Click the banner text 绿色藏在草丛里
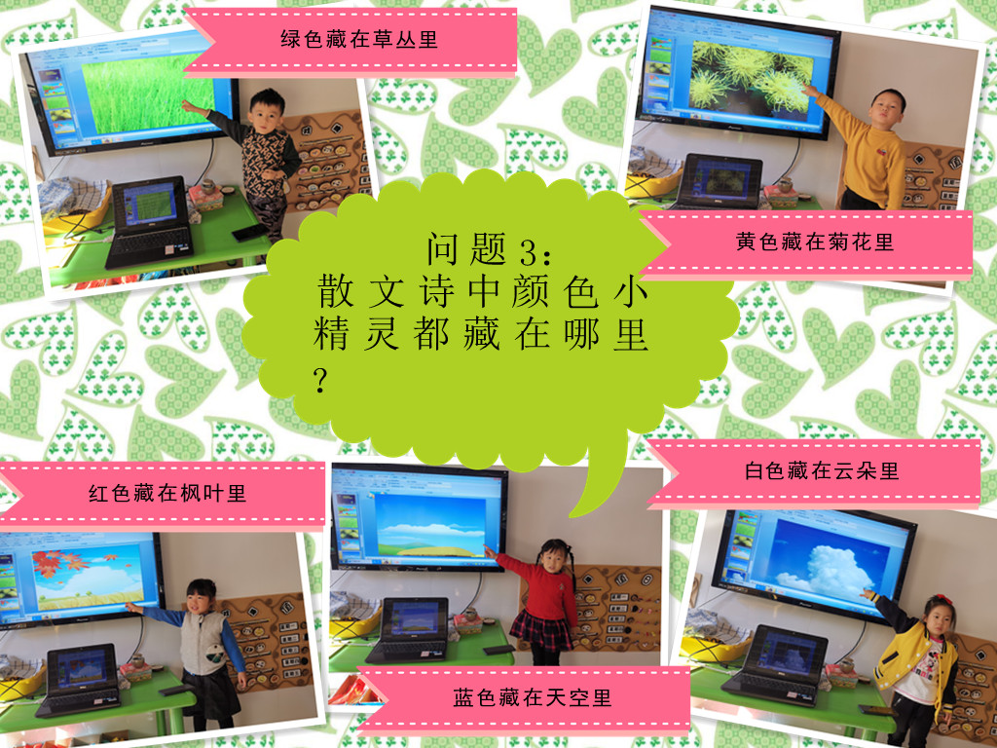tap(359, 39)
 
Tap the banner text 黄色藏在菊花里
tap(815, 242)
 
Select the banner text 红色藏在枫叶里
tap(167, 493)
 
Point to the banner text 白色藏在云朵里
tap(822, 470)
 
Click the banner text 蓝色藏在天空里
tap(533, 697)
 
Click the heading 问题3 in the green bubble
tap(490, 249)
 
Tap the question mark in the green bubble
tap(319, 380)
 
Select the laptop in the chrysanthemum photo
tap(719, 182)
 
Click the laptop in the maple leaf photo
tap(79, 681)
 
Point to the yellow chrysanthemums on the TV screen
tap(751, 77)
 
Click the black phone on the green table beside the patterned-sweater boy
tap(250, 233)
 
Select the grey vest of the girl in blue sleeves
tap(203, 643)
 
